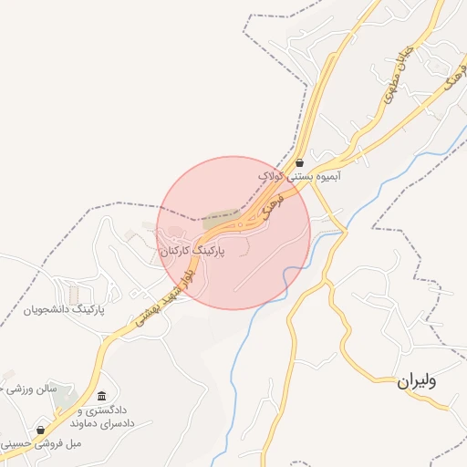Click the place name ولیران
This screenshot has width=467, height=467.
coord(417,381)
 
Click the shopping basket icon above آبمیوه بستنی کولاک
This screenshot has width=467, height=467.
coord(299,163)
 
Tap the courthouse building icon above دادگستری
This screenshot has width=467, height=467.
coord(100,396)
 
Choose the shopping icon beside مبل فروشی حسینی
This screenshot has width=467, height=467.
coord(40,430)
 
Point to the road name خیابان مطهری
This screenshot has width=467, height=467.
coord(394,81)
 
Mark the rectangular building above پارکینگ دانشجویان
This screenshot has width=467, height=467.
coord(73,295)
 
